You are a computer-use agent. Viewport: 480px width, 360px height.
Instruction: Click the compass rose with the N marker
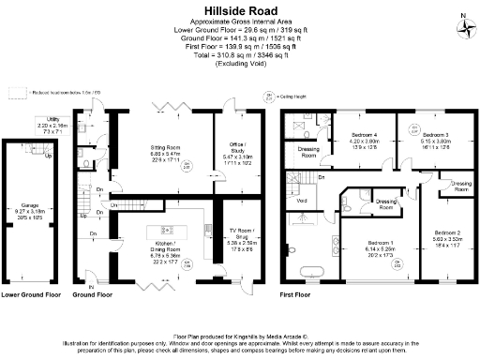[x=466, y=24]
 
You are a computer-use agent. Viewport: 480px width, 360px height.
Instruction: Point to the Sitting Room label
[x=166, y=150]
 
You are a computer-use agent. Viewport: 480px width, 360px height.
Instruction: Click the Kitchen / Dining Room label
[x=167, y=251]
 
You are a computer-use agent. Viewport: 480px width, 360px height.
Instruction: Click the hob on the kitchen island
[x=168, y=229]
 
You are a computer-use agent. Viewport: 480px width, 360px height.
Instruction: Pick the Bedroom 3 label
[x=416, y=138]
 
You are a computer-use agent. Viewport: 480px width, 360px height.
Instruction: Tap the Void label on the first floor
[x=301, y=201]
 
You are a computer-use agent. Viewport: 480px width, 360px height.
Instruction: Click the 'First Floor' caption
[x=296, y=294]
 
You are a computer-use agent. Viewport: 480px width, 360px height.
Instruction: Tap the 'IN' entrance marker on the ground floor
[x=90, y=286]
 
